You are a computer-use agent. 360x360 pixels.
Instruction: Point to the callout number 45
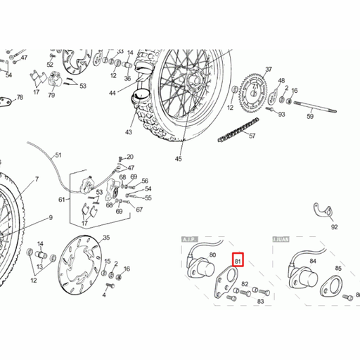tap(178, 159)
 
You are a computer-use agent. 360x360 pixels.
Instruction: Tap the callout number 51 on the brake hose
tap(58, 155)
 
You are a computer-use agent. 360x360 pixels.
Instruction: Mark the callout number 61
tap(61, 199)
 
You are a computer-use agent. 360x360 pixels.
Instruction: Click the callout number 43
tap(129, 131)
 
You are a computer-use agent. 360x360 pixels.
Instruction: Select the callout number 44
tap(112, 93)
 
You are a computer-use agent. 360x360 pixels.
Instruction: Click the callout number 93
tap(281, 114)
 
